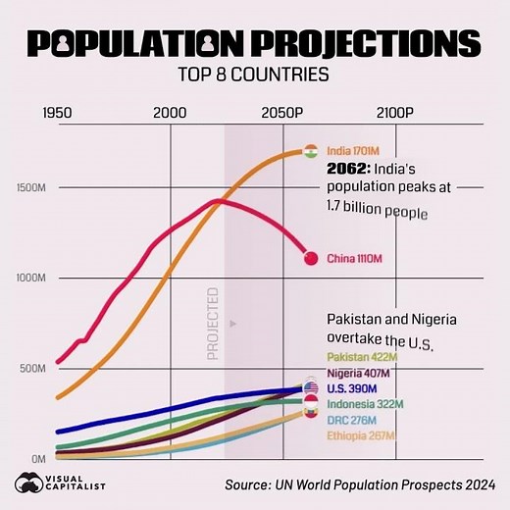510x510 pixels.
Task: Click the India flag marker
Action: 311,152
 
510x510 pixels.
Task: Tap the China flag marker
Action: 311,258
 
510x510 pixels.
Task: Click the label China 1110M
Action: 355,258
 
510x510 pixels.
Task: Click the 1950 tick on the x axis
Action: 59,113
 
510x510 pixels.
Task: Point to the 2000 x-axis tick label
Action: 171,113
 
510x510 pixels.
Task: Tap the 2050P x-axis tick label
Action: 285,113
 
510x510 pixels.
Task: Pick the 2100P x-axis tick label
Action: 395,113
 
